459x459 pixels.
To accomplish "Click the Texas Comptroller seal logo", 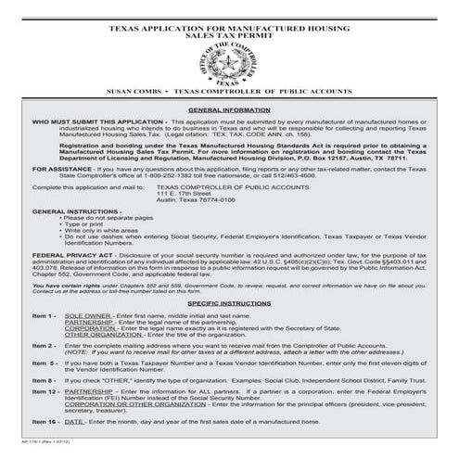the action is [229, 63].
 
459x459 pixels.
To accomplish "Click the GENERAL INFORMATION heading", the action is [228, 108].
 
